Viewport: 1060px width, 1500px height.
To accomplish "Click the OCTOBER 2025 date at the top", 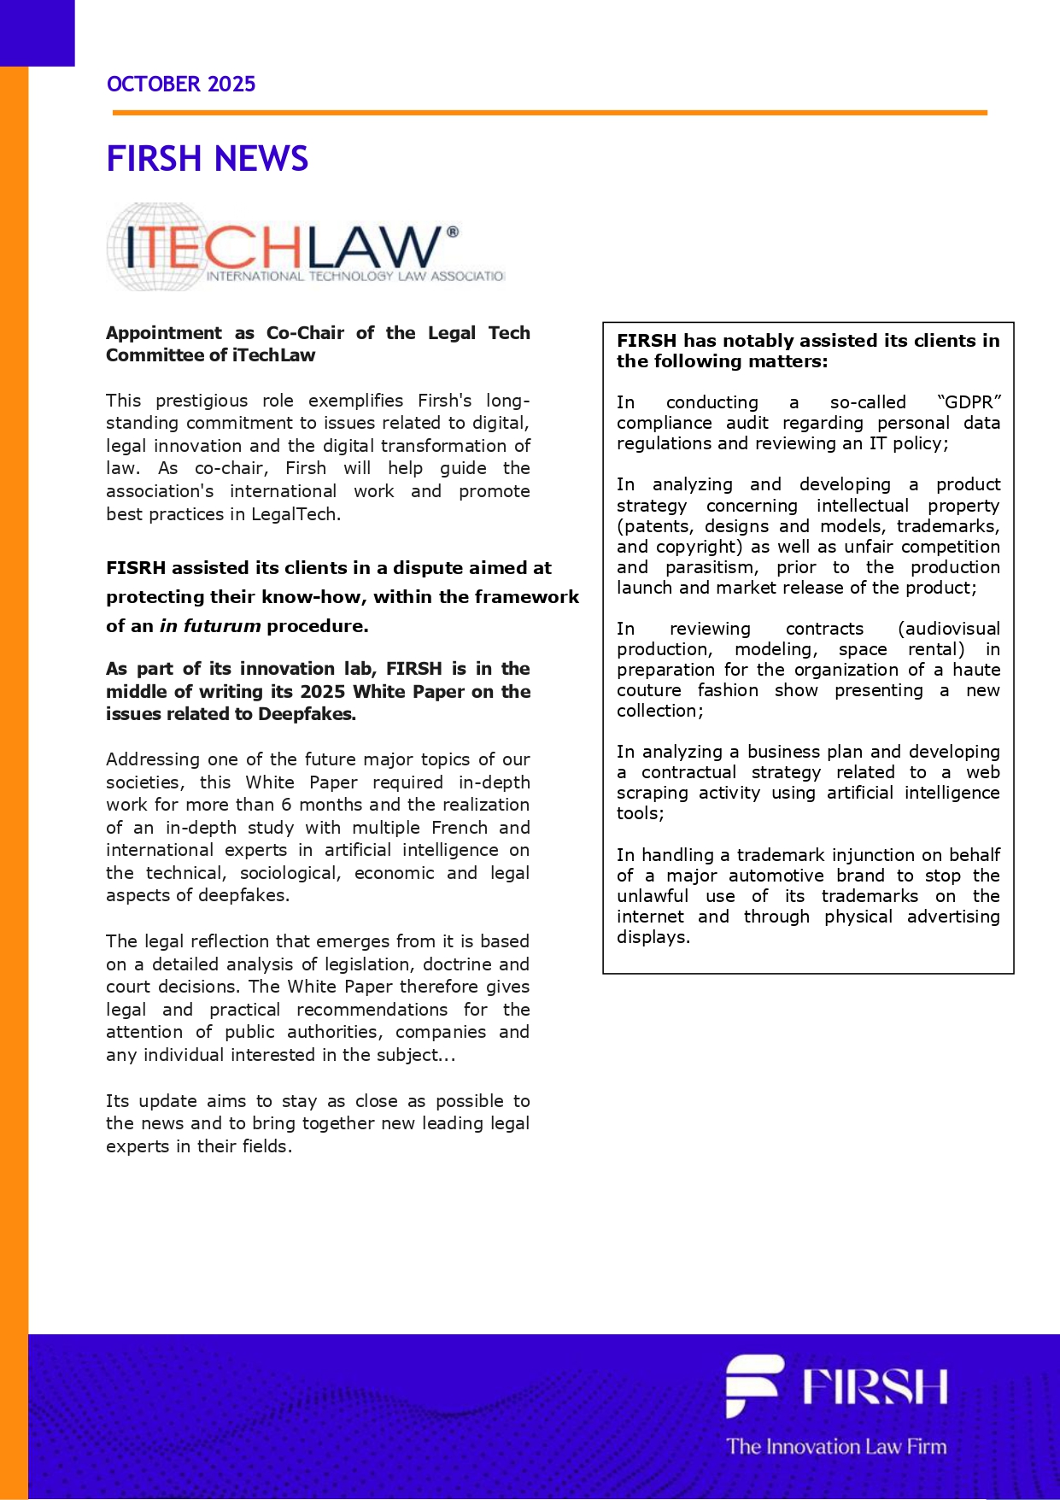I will click(x=181, y=84).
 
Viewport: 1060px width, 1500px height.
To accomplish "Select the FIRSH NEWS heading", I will click(x=208, y=159).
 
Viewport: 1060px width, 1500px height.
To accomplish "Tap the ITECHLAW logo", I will click(x=306, y=248).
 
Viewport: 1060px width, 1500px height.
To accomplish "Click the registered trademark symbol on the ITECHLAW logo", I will click(x=453, y=231).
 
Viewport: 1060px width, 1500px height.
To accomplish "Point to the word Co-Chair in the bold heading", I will click(x=305, y=333).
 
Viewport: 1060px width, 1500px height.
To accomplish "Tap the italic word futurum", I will click(x=221, y=626).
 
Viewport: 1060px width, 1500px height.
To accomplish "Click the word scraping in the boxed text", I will click(x=653, y=793).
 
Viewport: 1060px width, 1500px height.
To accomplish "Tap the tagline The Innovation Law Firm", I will click(x=836, y=1446).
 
